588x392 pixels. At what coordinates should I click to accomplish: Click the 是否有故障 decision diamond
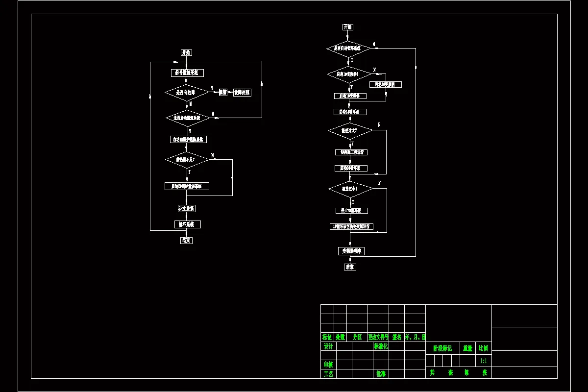[187, 92]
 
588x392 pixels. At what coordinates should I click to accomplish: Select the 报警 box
[223, 92]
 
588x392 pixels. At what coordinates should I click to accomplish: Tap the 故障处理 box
[242, 92]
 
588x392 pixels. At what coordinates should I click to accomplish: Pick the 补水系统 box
[187, 208]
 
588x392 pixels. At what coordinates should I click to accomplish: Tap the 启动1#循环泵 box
[350, 112]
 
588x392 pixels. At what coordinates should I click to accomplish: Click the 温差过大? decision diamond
[350, 130]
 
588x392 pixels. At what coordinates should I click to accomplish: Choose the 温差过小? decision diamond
[350, 189]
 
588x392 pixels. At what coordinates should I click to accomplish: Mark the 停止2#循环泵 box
[351, 211]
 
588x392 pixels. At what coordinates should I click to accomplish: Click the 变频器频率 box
[351, 251]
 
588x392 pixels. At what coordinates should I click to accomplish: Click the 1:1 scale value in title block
[483, 361]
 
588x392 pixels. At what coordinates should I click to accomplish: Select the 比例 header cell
[483, 348]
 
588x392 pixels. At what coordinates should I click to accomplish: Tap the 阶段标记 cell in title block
[443, 348]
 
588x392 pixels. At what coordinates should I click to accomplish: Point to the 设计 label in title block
[328, 346]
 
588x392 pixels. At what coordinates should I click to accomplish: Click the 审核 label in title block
[328, 365]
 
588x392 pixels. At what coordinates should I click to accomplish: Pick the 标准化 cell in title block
[381, 346]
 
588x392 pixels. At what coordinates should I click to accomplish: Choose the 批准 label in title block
[381, 373]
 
